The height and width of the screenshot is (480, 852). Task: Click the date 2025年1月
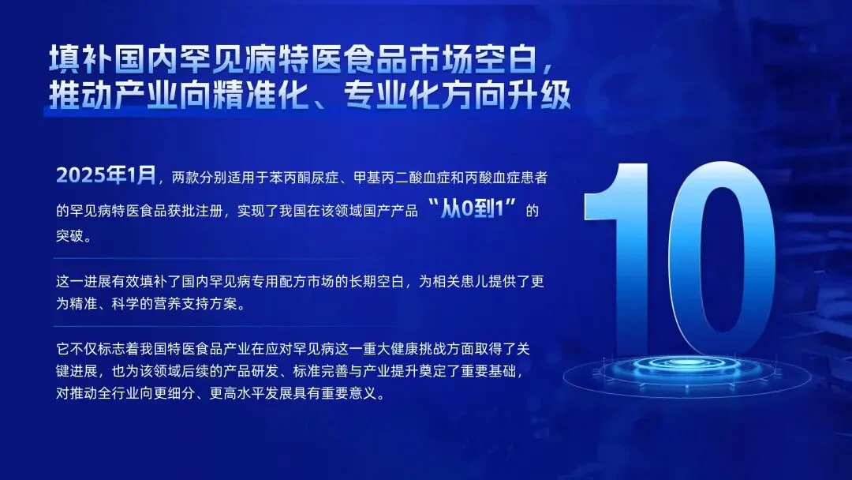coord(106,175)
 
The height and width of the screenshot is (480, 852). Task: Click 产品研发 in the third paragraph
coord(273,370)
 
